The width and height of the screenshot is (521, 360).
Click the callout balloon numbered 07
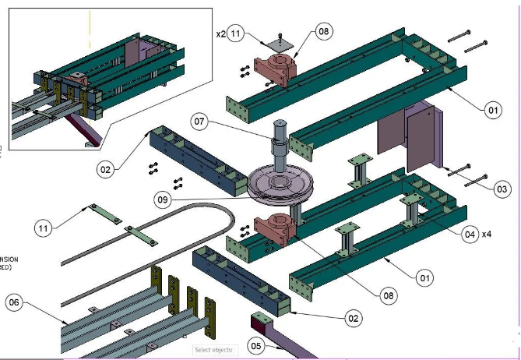coord(199,122)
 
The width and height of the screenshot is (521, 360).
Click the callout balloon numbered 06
coord(14,302)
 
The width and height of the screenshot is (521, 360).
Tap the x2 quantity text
coord(220,34)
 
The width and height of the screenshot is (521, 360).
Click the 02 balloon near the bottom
coord(354,318)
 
